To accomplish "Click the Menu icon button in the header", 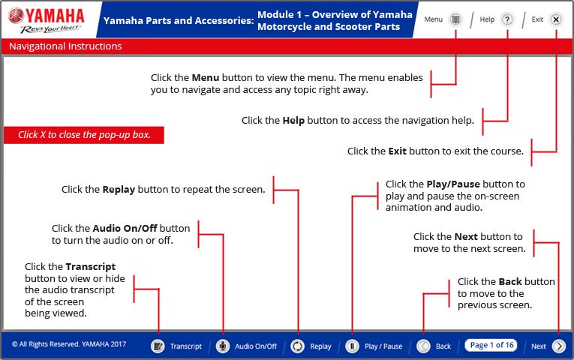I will coord(455,19).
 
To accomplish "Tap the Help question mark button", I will coord(507,19).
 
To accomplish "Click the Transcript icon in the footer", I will coord(158,346).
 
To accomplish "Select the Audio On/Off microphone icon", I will coord(223,346).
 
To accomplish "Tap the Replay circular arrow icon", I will coord(298,346).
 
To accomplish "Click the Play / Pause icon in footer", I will coord(351,346).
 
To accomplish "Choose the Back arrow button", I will coord(423,346).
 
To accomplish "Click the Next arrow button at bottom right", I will coord(559,346).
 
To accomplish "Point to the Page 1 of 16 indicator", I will coord(491,345).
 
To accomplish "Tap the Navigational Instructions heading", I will coord(65,46).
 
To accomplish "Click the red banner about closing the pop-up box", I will coord(84,135).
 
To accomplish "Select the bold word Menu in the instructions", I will coord(205,78).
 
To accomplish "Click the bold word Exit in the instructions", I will coord(398,151).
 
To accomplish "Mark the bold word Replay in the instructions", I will coord(119,190).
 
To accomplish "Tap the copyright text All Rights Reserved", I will coord(69,345).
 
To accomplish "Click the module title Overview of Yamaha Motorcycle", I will coord(335,20).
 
